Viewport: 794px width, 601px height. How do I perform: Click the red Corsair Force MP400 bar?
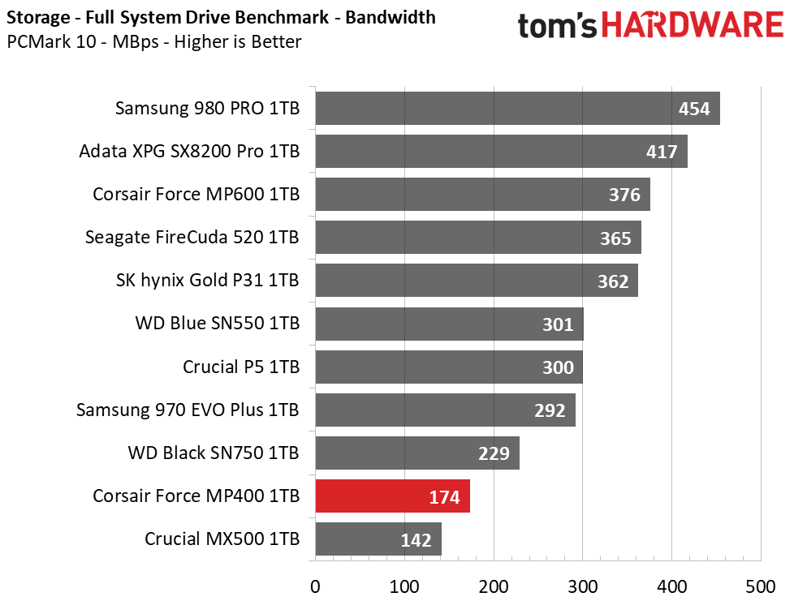coord(392,496)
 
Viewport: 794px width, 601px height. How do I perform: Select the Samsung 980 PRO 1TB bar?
coord(517,108)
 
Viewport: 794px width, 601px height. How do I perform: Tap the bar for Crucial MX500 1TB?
coord(378,539)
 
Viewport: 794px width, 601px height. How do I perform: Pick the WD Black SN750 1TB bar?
coord(417,453)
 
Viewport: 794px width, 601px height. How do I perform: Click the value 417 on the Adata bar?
coord(662,152)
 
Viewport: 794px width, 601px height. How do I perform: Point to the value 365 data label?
coord(615,238)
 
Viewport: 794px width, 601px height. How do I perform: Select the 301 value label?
coord(558,324)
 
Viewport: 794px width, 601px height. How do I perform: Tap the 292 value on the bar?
coord(550,410)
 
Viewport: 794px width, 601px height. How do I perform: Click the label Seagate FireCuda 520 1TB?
coord(192,238)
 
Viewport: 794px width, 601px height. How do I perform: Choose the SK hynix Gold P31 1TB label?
coord(208,281)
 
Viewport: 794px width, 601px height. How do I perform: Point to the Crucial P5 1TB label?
coord(241,367)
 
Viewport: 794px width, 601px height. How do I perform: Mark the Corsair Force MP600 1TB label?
coord(196,195)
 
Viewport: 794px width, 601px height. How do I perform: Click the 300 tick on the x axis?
coord(582,587)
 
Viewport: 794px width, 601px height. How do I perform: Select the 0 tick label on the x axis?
coord(315,587)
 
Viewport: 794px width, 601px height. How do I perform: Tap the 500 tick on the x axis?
coord(761,587)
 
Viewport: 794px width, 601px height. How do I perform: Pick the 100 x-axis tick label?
coord(404,587)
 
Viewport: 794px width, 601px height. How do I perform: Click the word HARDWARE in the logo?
coord(693,25)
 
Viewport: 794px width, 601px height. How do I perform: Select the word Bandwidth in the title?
coord(391,17)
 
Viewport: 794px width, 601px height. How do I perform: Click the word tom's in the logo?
coord(557,26)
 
